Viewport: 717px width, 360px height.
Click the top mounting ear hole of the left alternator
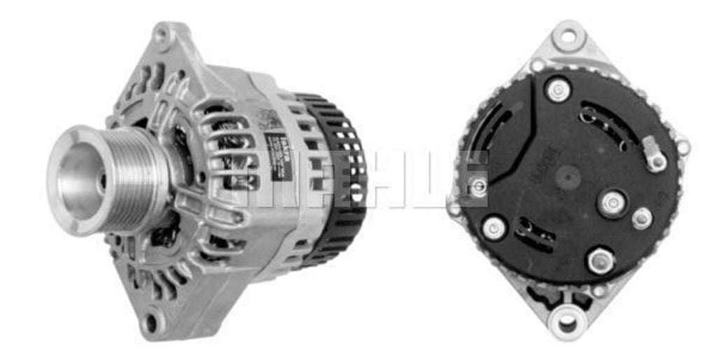point(164,34)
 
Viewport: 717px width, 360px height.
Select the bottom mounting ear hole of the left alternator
point(151,323)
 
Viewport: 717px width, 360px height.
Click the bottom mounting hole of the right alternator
point(566,323)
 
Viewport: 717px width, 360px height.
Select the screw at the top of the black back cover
point(558,89)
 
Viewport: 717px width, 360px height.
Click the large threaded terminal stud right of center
point(612,204)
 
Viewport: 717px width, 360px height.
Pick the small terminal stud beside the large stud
point(641,219)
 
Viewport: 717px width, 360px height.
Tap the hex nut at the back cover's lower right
point(601,261)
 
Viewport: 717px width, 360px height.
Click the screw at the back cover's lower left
point(494,228)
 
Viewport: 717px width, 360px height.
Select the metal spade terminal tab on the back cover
point(653,155)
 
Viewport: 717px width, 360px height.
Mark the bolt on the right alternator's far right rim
point(682,147)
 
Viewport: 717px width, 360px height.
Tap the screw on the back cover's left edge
point(478,186)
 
